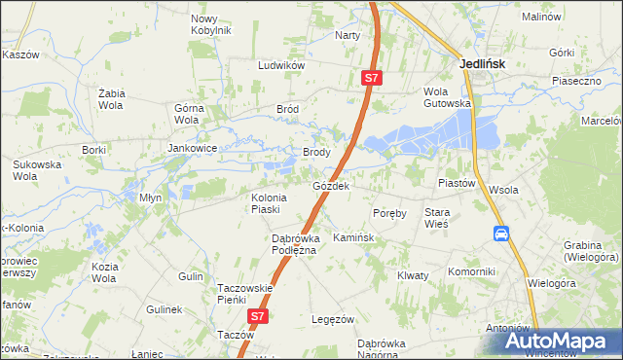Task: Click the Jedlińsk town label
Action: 482,65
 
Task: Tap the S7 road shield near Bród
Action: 370,77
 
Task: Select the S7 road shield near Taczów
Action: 257,316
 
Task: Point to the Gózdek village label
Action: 331,185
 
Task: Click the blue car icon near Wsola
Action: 501,234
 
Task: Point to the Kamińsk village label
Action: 354,237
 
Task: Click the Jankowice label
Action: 192,149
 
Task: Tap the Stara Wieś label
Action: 436,217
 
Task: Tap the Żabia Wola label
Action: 115,98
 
